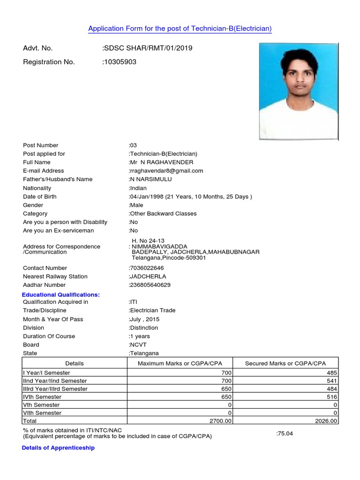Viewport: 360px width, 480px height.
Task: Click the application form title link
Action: tap(180, 29)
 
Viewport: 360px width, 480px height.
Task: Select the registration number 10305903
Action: tap(120, 62)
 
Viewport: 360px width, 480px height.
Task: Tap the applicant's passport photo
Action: tap(298, 91)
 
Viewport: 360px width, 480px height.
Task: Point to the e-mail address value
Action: tap(166, 171)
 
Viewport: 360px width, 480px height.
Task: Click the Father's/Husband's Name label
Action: tap(58, 179)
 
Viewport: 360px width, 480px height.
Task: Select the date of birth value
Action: tap(190, 196)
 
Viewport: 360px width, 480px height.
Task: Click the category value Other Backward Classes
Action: tap(163, 213)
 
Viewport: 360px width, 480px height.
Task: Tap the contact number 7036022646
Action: tap(147, 268)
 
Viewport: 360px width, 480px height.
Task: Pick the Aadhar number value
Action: tap(150, 285)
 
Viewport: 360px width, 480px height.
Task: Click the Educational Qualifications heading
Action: tap(61, 294)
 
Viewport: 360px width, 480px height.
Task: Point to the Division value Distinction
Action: tap(143, 328)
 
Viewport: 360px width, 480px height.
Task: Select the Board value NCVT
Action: tap(138, 345)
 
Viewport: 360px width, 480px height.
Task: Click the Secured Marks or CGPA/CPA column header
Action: tap(285, 363)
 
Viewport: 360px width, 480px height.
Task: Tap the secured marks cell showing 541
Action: tap(331, 381)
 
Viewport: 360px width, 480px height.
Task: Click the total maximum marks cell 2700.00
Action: tap(220, 421)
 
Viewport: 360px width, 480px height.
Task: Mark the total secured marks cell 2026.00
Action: tap(326, 421)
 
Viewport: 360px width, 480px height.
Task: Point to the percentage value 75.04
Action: tap(285, 434)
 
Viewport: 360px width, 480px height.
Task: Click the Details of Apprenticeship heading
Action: tap(59, 448)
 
